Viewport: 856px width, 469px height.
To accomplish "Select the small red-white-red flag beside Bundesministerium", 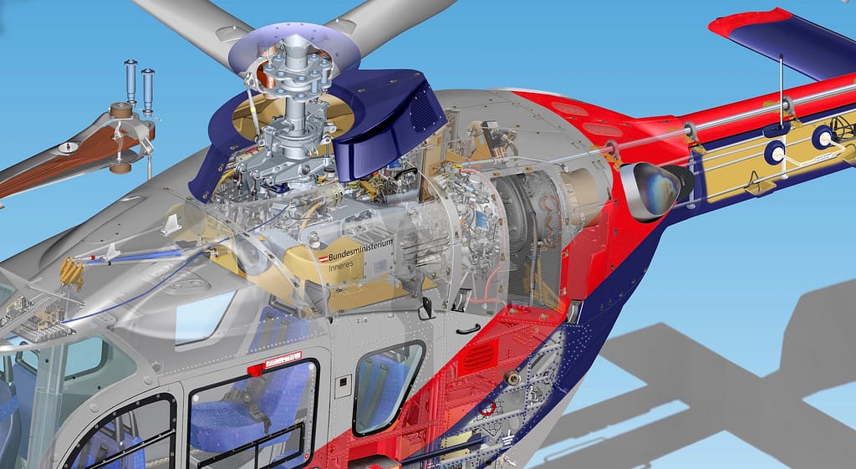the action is [324, 258].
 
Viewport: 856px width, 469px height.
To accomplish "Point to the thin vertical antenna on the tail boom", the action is [782, 91].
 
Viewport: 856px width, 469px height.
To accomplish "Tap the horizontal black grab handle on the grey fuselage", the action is [468, 329].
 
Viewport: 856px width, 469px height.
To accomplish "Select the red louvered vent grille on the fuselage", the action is [479, 358].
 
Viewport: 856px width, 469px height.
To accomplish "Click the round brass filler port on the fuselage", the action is [512, 376].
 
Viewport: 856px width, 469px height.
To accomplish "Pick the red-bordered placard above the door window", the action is [283, 359].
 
